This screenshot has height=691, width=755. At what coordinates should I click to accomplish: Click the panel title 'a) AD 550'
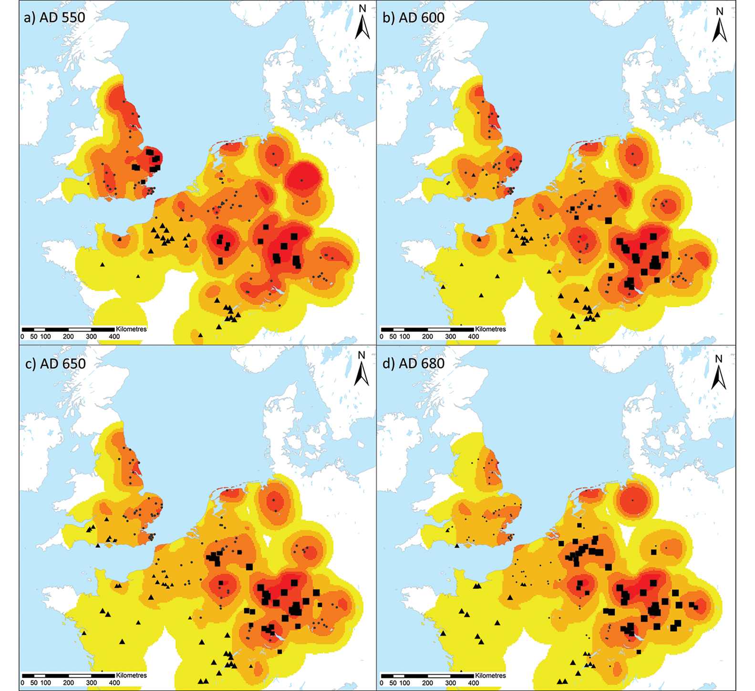[x=54, y=18]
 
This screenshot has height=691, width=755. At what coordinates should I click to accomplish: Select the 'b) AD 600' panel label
[x=414, y=18]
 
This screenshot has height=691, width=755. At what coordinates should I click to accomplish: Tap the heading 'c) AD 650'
[x=55, y=364]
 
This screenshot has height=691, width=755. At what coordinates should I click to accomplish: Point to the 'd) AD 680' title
[x=414, y=364]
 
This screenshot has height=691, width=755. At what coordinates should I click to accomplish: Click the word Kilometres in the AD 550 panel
[x=131, y=329]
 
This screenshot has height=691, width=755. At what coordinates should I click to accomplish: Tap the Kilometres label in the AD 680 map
[x=490, y=675]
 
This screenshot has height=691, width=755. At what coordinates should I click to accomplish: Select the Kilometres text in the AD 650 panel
[x=131, y=675]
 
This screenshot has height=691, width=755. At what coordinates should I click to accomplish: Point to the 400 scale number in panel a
[x=114, y=337]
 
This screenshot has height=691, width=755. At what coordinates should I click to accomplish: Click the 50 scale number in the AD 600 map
[x=393, y=337]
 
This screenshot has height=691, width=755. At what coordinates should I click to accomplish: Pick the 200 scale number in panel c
[x=68, y=683]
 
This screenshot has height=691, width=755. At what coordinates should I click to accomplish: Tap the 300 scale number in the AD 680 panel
[x=450, y=683]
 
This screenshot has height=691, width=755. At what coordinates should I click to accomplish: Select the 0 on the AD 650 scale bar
[x=22, y=683]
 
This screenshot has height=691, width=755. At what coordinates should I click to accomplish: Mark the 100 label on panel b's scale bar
[x=404, y=337]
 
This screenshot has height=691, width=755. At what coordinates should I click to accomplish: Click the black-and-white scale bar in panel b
[x=427, y=330]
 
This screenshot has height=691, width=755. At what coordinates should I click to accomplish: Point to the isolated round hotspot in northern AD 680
[x=633, y=500]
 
